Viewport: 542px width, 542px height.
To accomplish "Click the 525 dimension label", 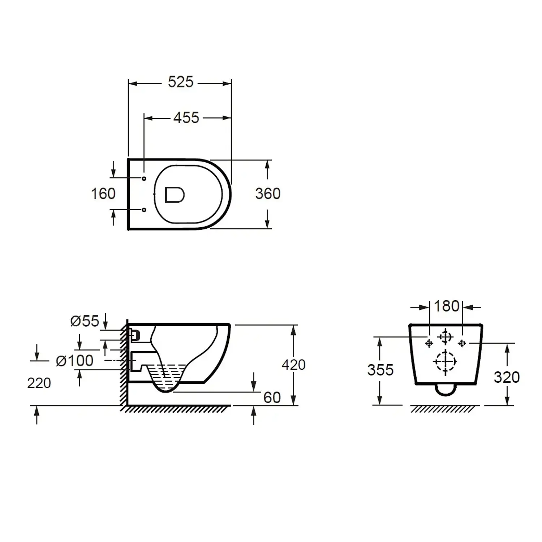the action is [x=181, y=82].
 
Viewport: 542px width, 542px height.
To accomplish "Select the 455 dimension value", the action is [x=186, y=118].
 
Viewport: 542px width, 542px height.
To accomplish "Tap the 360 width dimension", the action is [x=268, y=194].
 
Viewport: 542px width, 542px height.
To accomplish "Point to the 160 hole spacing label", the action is [x=103, y=194].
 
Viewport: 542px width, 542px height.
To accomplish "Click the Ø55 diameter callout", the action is [x=85, y=321].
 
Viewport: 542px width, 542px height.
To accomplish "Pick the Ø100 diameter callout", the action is [x=75, y=361].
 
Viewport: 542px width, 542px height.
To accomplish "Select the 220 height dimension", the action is [x=39, y=383].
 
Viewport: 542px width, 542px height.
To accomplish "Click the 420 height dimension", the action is [x=294, y=365].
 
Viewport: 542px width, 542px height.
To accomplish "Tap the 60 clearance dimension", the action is [x=272, y=398].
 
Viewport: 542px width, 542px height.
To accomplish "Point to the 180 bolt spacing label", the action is [x=447, y=306].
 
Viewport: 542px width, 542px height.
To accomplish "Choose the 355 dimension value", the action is [x=380, y=370].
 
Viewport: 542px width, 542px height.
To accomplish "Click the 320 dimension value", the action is [x=507, y=378].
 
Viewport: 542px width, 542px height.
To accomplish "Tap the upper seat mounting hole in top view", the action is [x=144, y=178].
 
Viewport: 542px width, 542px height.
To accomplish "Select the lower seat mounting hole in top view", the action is [x=144, y=210].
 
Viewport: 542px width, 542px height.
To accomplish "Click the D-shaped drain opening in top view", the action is [x=175, y=195].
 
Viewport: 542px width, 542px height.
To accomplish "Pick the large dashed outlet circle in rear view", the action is [x=446, y=362].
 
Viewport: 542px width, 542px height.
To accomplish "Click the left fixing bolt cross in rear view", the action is [x=429, y=343].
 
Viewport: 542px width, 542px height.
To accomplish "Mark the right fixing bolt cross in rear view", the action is [x=462, y=343].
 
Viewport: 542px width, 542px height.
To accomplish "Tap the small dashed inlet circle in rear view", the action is [x=446, y=337].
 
